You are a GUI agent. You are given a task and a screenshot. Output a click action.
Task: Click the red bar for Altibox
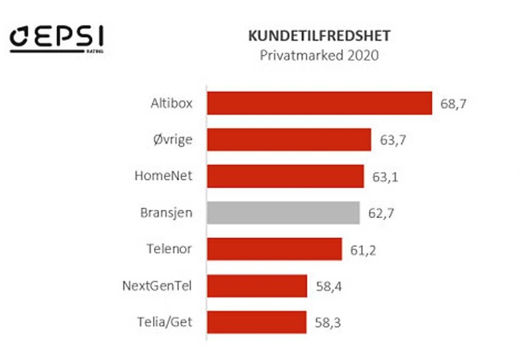[x=319, y=103]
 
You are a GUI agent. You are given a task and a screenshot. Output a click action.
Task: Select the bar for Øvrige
[x=289, y=140]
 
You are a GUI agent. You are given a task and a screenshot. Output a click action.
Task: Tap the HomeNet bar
[x=285, y=176]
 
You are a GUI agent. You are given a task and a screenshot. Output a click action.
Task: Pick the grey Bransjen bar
[x=283, y=213]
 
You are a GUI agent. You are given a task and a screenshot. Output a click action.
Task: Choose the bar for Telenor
[x=275, y=249]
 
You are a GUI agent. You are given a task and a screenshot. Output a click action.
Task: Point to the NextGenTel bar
[x=257, y=285]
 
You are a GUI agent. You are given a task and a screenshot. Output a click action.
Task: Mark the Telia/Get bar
[x=257, y=322]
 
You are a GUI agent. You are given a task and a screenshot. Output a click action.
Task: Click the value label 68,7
[x=453, y=104]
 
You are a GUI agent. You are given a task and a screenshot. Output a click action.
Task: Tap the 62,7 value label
[x=381, y=213]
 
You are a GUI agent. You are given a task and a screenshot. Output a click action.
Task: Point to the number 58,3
[x=328, y=322]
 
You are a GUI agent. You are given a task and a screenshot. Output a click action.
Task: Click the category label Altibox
[x=171, y=103]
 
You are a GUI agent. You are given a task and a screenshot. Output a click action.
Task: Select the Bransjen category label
[x=166, y=213]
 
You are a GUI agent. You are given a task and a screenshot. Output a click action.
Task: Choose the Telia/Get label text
[x=164, y=322]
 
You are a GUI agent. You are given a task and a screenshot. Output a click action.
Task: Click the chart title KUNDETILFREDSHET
[x=319, y=36]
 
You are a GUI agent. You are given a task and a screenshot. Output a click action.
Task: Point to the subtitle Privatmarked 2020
[x=319, y=55]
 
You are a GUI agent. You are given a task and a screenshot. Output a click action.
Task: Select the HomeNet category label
[x=163, y=176]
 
